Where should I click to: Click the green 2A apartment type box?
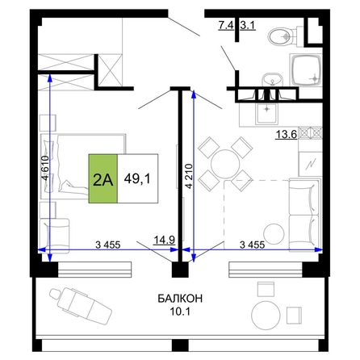point(103,178)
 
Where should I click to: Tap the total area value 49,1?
point(137,178)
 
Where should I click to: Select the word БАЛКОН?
point(180,299)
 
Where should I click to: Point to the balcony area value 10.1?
point(180,312)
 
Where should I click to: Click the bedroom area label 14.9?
point(165,239)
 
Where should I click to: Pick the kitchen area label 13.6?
point(286,134)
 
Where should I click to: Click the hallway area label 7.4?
point(226,25)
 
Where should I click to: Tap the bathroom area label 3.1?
point(248,25)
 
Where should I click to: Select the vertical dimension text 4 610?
point(45,168)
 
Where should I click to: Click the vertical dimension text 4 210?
point(189,176)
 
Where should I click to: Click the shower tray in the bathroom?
point(306,70)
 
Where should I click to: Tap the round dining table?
point(225,163)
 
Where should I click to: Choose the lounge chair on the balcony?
point(80,305)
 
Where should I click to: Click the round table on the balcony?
point(266,316)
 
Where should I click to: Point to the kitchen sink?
point(266,114)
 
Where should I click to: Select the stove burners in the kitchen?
point(311,132)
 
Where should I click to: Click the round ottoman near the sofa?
point(274,233)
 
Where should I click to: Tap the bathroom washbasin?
point(273,80)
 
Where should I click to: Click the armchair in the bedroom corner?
point(55,236)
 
